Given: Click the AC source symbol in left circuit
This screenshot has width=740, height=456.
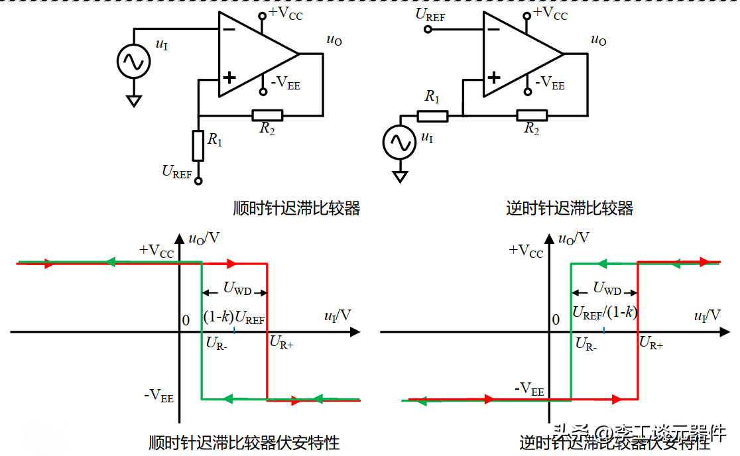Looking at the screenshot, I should point(133,62).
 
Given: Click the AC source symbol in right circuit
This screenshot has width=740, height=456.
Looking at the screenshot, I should point(400,142).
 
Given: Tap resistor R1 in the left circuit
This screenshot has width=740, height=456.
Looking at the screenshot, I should point(198,146).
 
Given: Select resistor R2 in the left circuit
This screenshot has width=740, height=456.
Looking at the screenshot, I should point(267,115).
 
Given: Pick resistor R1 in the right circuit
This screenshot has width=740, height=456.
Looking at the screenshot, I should point(432,116).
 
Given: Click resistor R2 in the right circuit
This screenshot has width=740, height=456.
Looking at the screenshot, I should point(532,115).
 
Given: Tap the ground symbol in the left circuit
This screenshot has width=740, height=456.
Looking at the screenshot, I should point(134,101).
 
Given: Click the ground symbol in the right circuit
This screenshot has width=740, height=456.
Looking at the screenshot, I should point(400,177).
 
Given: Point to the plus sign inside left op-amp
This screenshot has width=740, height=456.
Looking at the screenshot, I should point(229,78).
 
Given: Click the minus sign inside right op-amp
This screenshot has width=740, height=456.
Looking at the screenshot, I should point(493,29).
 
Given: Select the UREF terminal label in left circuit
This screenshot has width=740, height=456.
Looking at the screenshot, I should point(177,172).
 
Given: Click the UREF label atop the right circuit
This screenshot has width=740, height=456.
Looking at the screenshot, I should point(430,15).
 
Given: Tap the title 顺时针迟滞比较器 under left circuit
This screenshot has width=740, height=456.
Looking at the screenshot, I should point(296,208).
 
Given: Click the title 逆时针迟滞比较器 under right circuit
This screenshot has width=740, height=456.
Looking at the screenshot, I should point(570,208).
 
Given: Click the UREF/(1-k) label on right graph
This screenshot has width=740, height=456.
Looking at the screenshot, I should point(605,313).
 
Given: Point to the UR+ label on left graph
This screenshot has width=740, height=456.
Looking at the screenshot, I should point(281,343).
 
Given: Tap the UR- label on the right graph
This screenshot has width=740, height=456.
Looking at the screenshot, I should point(586,343).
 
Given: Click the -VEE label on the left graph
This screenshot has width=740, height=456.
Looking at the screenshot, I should point(159,396).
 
